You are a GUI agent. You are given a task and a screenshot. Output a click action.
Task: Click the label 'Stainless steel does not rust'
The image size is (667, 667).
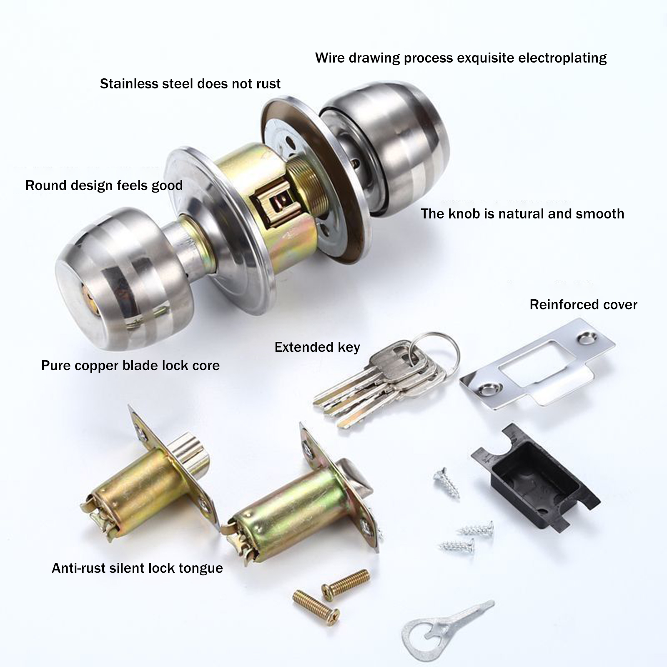pyautogui.click(x=190, y=84)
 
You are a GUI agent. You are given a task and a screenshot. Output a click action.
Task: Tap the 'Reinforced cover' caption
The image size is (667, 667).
pyautogui.click(x=583, y=305)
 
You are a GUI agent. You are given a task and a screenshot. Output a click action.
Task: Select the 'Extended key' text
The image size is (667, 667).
pyautogui.click(x=317, y=347)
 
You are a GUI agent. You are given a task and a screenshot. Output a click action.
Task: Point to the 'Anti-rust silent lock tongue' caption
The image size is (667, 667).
pyautogui.click(x=137, y=568)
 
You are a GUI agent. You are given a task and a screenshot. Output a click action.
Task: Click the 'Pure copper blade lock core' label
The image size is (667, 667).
pyautogui.click(x=130, y=366)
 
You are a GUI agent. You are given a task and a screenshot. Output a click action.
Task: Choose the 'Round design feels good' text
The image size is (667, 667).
pyautogui.click(x=104, y=186)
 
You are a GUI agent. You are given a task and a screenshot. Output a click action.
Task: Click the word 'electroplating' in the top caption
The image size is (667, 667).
pyautogui.click(x=562, y=58)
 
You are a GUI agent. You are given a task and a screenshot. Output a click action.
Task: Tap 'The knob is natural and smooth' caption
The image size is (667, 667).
pyautogui.click(x=522, y=214)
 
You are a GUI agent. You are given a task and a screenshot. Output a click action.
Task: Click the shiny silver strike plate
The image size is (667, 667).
pyautogui.click(x=538, y=363)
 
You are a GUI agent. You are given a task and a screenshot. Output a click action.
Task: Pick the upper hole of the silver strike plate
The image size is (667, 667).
pyautogui.click(x=586, y=337)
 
